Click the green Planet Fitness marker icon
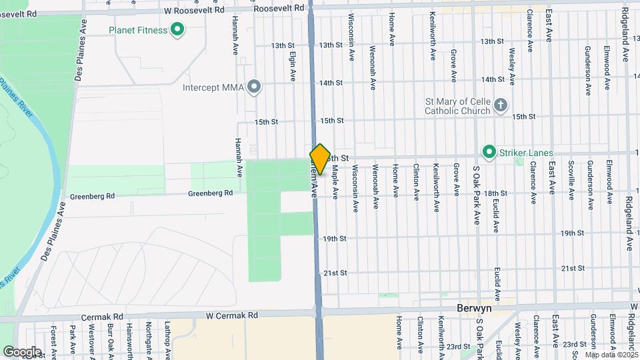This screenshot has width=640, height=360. (x=177, y=29)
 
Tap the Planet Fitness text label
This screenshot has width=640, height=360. (x=139, y=30)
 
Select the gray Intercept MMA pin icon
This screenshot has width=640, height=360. (x=253, y=87)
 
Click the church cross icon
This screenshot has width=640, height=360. (x=501, y=105)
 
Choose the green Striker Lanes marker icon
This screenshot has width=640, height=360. (x=489, y=153)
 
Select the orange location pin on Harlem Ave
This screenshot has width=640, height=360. (x=320, y=159)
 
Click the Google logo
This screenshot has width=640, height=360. (x=23, y=351)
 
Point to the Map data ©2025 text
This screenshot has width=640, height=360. (x=611, y=354)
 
